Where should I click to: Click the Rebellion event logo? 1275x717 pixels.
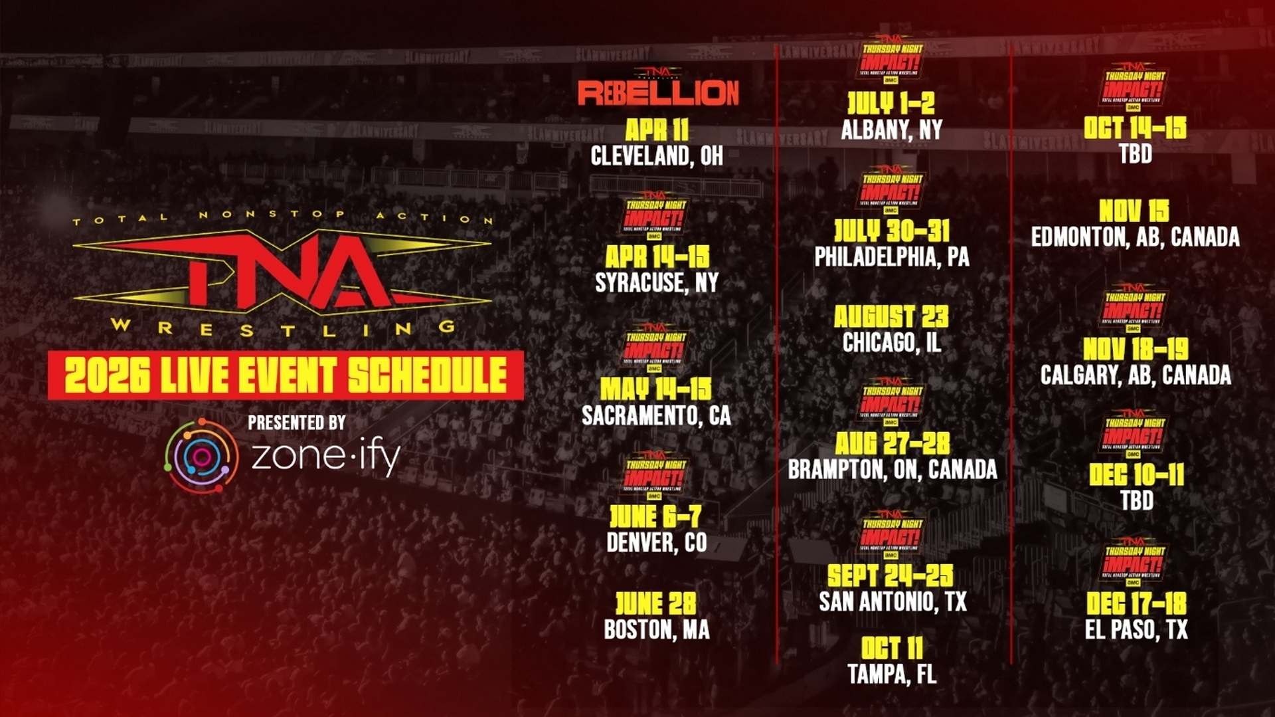[657, 91]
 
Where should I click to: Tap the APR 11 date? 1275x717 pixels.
[657, 130]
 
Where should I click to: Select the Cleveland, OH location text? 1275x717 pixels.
[657, 156]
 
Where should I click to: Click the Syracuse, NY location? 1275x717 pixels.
[657, 283]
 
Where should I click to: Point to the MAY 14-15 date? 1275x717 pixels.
[655, 389]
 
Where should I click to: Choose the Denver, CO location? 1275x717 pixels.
[657, 543]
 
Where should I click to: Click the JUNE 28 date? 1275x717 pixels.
[656, 603]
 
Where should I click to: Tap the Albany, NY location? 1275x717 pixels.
[891, 130]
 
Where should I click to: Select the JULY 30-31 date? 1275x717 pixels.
[891, 231]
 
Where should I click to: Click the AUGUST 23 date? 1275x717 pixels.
[891, 316]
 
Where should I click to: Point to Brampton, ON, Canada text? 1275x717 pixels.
[892, 470]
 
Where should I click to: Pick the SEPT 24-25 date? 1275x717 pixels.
[890, 575]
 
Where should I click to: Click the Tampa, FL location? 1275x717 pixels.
[892, 674]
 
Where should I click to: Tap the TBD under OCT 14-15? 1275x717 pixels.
[1136, 154]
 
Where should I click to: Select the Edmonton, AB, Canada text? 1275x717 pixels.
[1135, 237]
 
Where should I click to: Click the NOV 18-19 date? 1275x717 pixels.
[1136, 349]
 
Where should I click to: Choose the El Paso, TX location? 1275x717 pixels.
[1136, 629]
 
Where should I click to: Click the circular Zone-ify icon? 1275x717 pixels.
[202, 456]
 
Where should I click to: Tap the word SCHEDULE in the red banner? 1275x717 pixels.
[428, 375]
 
